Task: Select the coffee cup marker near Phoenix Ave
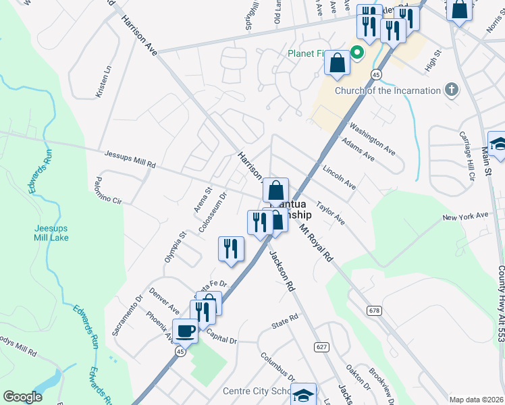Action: click(186, 331)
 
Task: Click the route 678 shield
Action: click(375, 310)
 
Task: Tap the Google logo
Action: click(22, 397)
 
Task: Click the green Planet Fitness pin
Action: click(357, 53)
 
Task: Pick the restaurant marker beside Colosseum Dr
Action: click(231, 248)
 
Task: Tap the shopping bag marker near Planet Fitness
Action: click(337, 63)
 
